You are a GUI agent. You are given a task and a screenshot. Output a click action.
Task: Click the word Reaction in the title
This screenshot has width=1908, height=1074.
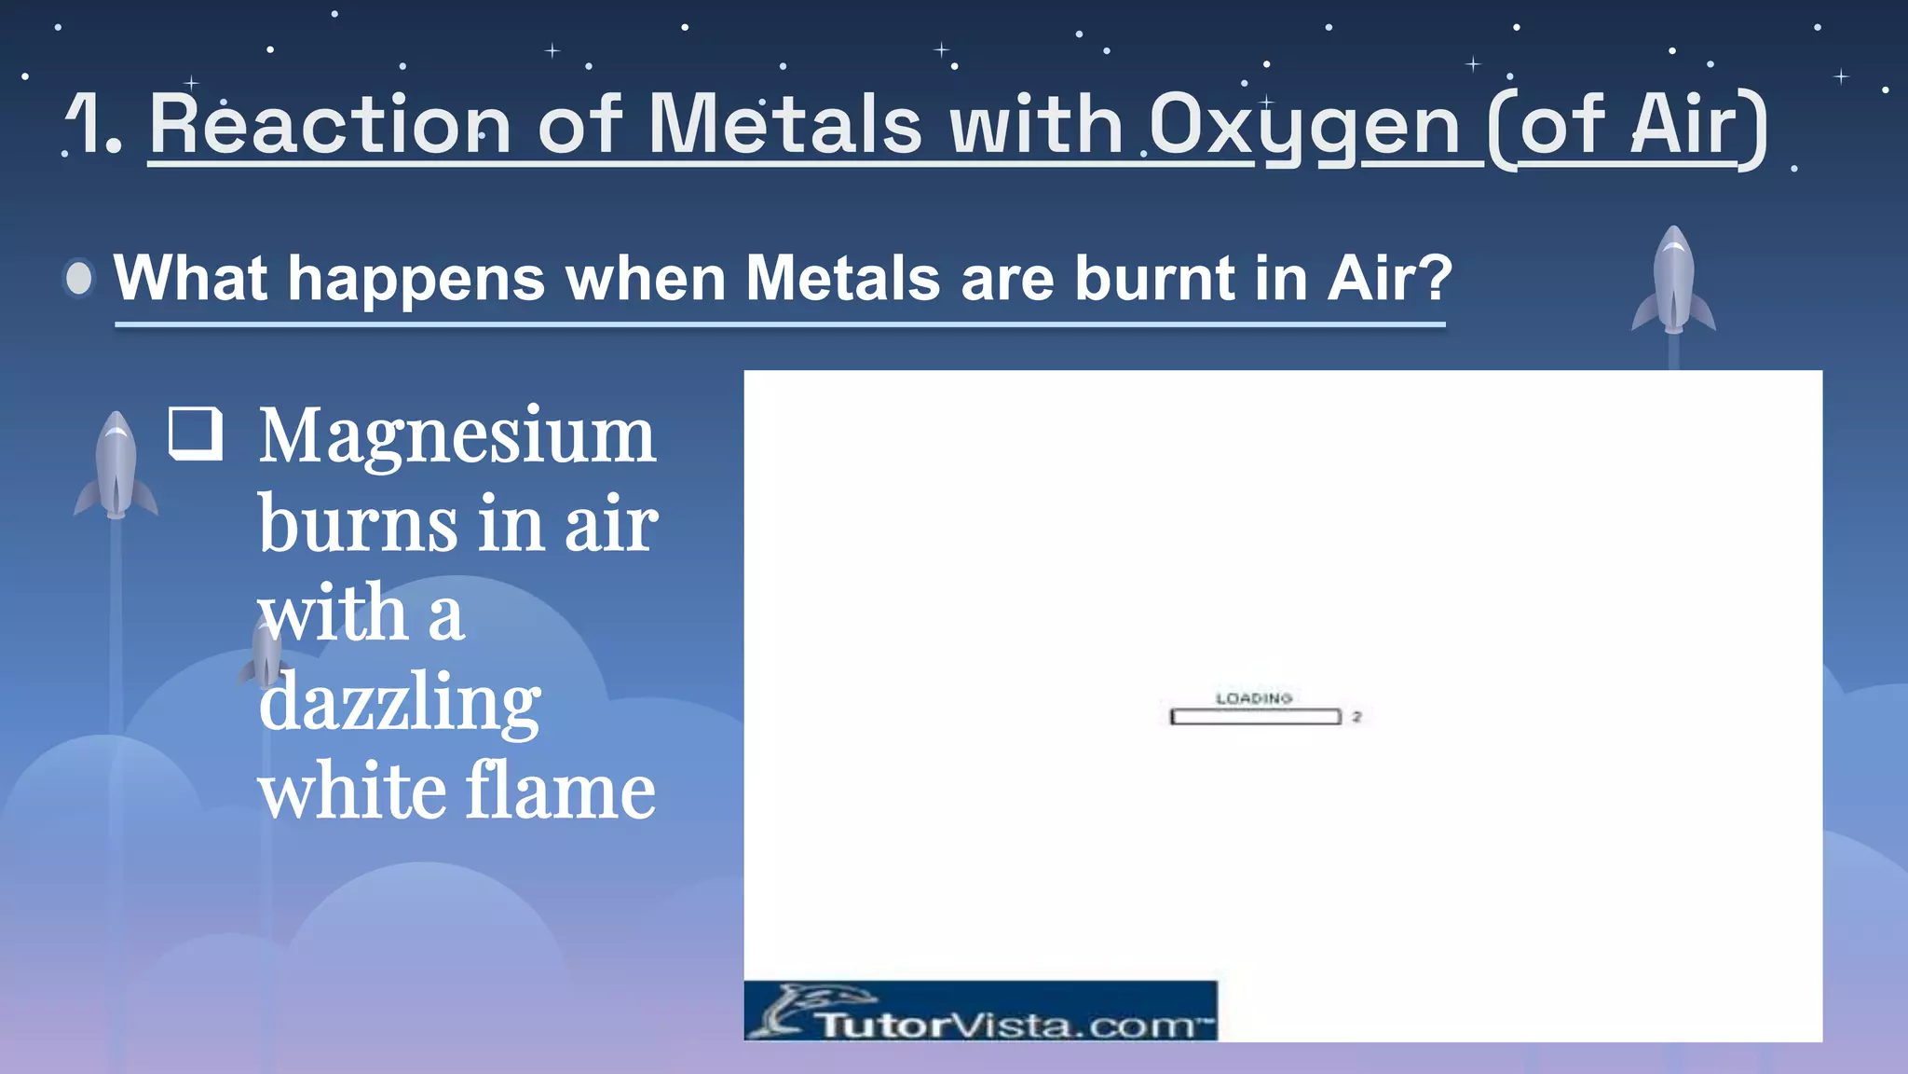click(330, 124)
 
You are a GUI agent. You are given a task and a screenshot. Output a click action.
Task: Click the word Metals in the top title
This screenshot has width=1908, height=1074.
click(784, 124)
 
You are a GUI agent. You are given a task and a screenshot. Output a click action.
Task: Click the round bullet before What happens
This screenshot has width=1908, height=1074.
click(80, 278)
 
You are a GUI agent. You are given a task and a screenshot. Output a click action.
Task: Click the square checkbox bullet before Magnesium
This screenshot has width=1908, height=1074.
click(196, 434)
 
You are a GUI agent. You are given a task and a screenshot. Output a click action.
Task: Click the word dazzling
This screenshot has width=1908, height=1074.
click(399, 703)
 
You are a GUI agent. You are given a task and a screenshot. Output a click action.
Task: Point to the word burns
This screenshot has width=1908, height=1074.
click(358, 524)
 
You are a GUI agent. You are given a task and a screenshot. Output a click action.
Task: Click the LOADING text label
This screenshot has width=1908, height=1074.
click(1253, 698)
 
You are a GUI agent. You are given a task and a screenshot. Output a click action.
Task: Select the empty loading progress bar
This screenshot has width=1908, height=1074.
click(1255, 717)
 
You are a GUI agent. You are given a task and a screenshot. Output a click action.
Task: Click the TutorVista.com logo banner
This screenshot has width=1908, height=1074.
click(980, 1012)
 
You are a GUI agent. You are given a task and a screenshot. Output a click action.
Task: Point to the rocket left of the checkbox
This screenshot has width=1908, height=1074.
click(116, 466)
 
